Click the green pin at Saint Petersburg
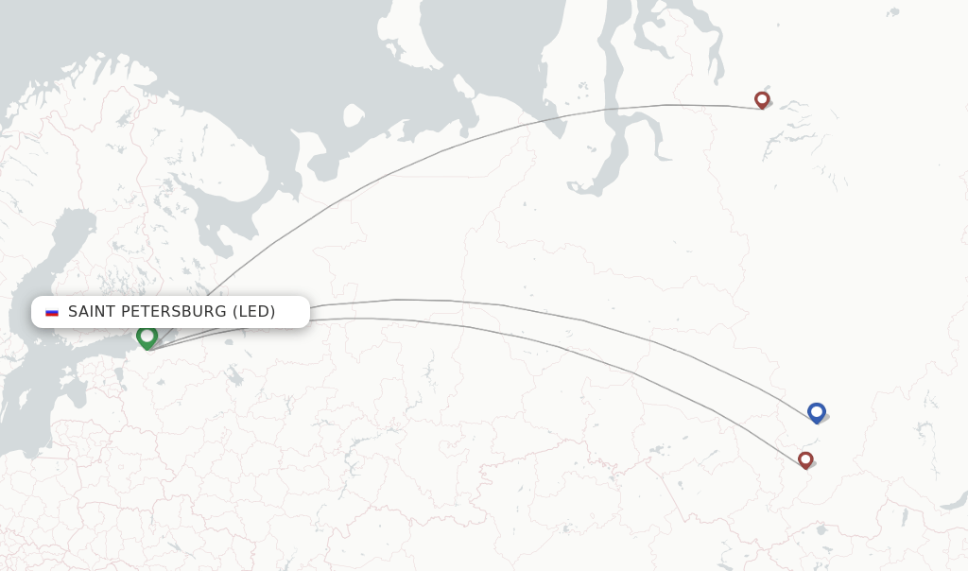(147, 337)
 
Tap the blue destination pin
(817, 412)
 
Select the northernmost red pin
(762, 99)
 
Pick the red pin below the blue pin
(805, 459)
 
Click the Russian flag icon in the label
(52, 312)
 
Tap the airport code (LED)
(254, 312)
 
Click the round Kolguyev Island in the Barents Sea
(354, 115)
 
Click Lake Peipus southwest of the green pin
(118, 373)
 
